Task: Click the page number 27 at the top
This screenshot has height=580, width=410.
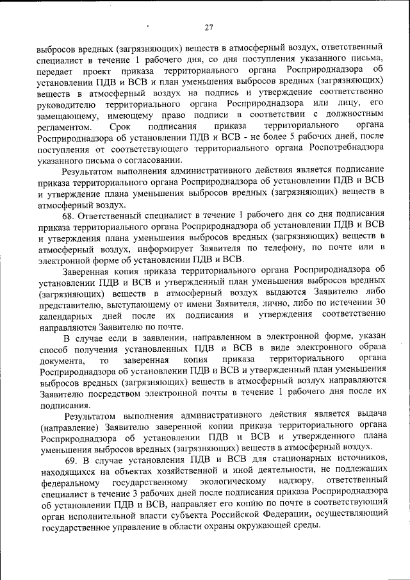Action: pyautogui.click(x=208, y=27)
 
